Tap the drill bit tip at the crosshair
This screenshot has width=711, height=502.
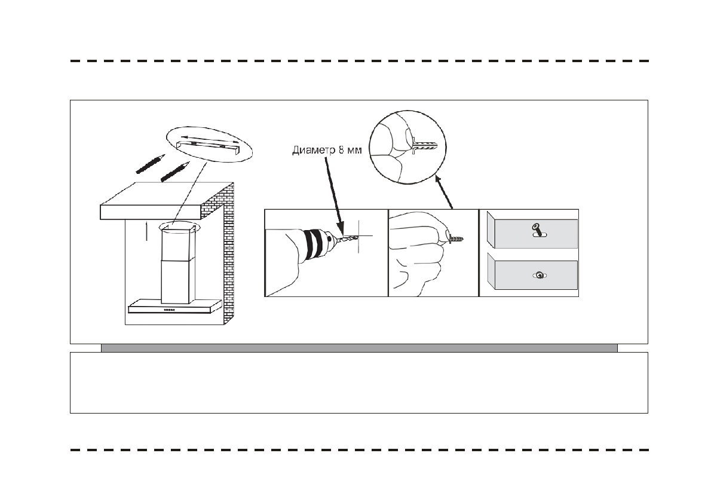tap(353, 237)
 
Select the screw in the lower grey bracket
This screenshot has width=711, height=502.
tap(540, 275)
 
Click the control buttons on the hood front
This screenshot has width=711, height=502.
tap(169, 310)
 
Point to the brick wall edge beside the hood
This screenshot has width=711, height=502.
tap(228, 251)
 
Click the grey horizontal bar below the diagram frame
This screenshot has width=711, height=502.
tap(358, 348)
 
